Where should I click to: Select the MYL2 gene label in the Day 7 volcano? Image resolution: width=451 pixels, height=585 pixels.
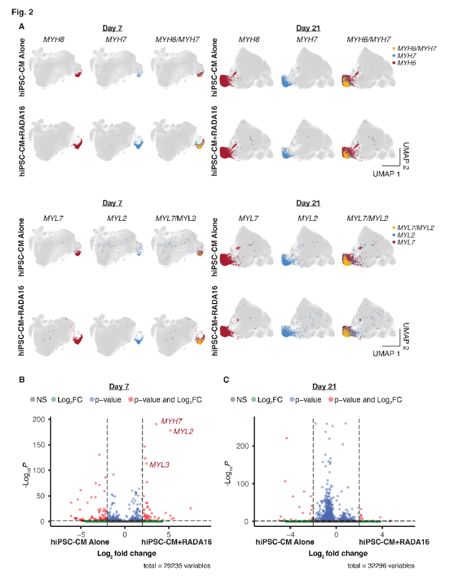(183, 432)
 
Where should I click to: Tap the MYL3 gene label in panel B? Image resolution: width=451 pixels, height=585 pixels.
(159, 465)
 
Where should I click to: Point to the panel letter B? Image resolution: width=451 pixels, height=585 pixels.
(22, 380)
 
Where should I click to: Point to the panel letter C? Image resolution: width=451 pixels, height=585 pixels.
(227, 380)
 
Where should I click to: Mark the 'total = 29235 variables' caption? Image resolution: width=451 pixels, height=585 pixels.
(175, 565)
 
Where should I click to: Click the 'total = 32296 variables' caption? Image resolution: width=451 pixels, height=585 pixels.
(381, 565)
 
